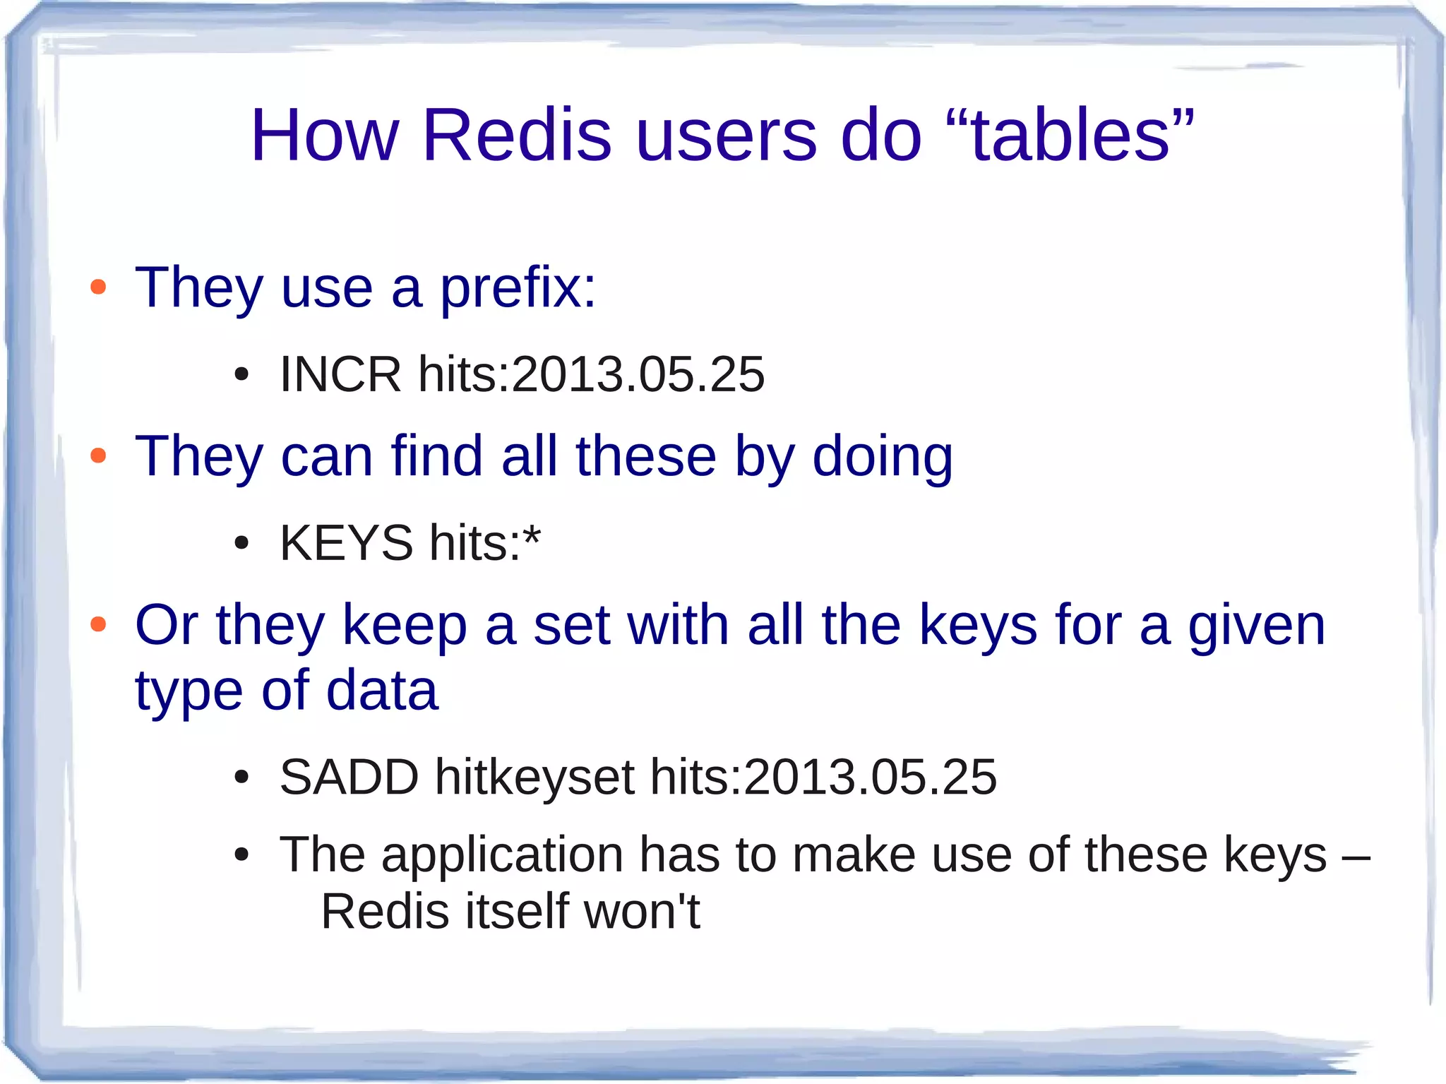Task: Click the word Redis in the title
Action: pyautogui.click(x=517, y=135)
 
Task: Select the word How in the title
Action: pyautogui.click(x=325, y=135)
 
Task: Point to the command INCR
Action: pyautogui.click(x=340, y=374)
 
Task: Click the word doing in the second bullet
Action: pyautogui.click(x=883, y=457)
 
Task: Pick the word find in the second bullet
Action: pyautogui.click(x=436, y=457)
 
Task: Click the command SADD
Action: pyautogui.click(x=349, y=777)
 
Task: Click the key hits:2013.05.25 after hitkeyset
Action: pyautogui.click(x=823, y=777)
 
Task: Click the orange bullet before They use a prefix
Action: pyautogui.click(x=98, y=287)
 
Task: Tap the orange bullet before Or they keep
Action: pyautogui.click(x=98, y=624)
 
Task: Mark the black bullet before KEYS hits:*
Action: pyautogui.click(x=241, y=544)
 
